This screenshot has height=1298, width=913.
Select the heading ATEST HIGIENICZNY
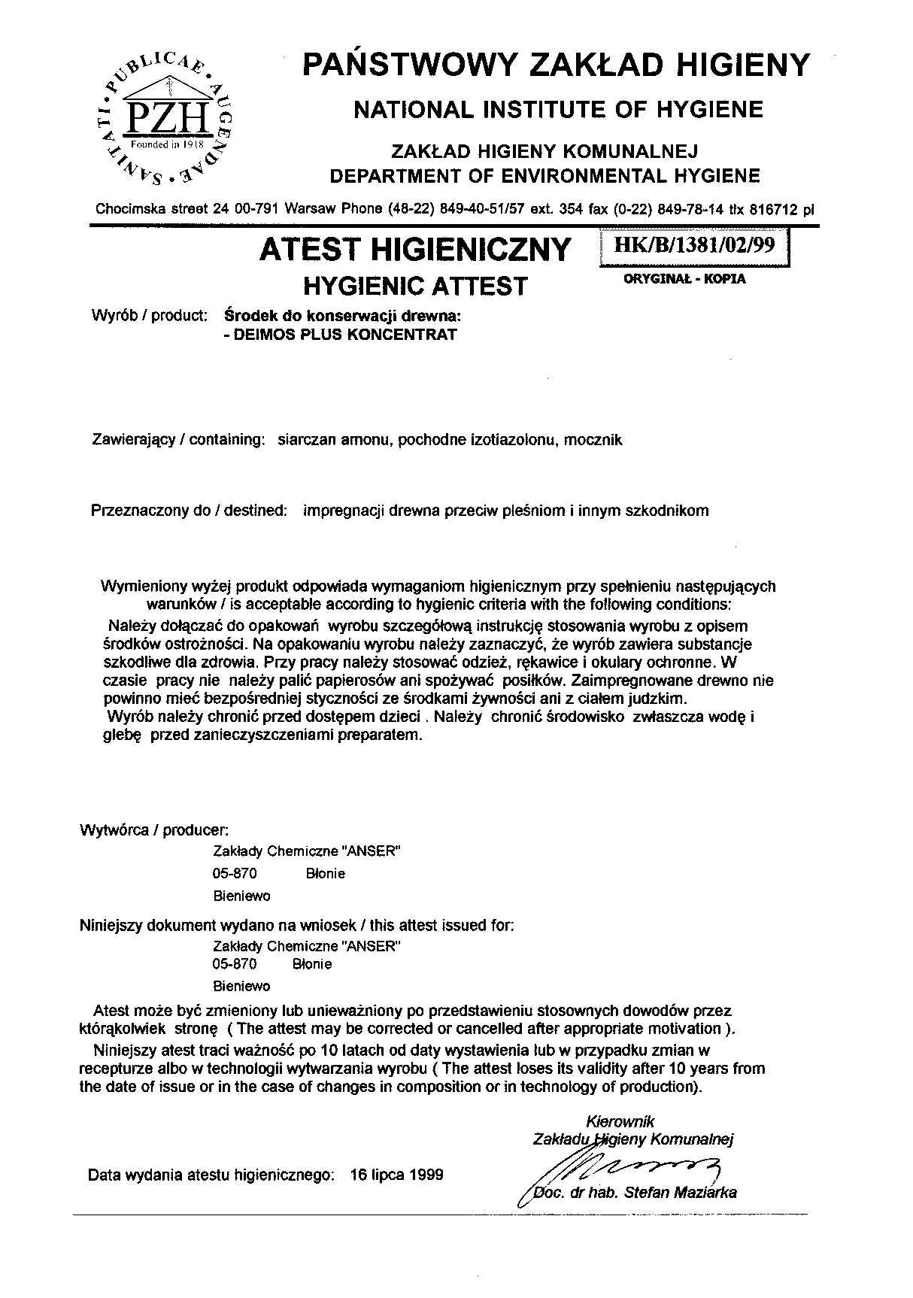tap(414, 250)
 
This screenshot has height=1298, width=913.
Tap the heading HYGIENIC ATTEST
tap(414, 287)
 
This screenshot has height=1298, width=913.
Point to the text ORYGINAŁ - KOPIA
tap(685, 279)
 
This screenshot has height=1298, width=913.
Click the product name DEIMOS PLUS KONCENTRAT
tap(344, 335)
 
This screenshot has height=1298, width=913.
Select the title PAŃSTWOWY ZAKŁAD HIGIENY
tap(557, 65)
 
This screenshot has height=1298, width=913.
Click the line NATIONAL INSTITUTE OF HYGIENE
tap(558, 111)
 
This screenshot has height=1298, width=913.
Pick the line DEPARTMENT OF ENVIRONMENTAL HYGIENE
tap(546, 176)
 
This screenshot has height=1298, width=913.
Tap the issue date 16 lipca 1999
tap(396, 1175)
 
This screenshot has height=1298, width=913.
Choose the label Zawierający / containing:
tap(177, 440)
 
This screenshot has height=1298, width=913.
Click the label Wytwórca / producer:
tap(154, 831)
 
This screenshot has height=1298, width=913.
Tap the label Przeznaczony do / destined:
tap(189, 511)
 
